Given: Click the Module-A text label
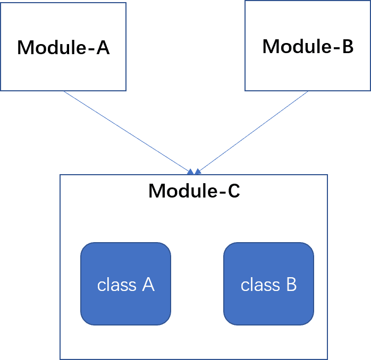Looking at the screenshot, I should click(63, 47).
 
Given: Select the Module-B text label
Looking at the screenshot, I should click(308, 46).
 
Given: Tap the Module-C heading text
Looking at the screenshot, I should click(194, 191).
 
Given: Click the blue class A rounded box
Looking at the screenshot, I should click(125, 284).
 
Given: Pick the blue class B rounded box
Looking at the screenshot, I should click(268, 284).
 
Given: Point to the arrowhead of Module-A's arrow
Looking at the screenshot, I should click(191, 171).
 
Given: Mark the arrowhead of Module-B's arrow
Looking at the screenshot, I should click(198, 171).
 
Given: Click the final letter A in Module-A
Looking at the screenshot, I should click(103, 47).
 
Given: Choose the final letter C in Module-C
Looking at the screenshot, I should click(234, 191).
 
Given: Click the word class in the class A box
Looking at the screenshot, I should click(116, 285).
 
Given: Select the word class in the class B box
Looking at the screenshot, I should click(260, 285).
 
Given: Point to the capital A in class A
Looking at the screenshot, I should click(148, 285).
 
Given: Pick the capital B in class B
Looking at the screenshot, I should click(291, 285).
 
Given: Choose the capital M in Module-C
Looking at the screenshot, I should click(157, 191).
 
